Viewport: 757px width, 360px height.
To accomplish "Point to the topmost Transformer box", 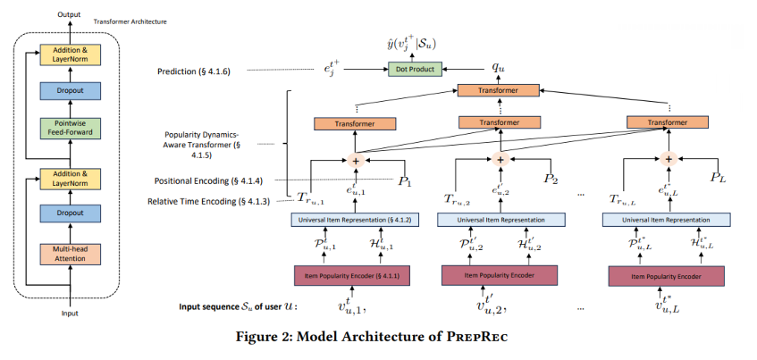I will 498,91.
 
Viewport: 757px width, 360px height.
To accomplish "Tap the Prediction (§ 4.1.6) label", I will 195,71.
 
